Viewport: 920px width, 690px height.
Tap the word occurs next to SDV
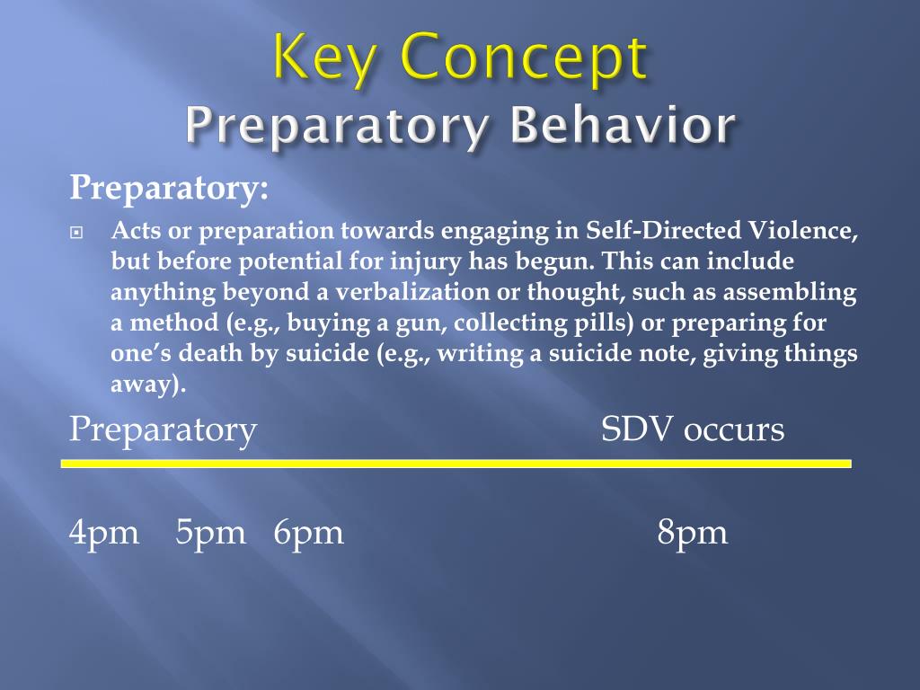pyautogui.click(x=734, y=429)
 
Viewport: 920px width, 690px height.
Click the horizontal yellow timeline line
pyautogui.click(x=456, y=464)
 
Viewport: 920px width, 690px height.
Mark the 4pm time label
pyautogui.click(x=104, y=533)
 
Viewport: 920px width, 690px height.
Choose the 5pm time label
pyautogui.click(x=210, y=533)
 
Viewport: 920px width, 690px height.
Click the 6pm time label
pyautogui.click(x=309, y=533)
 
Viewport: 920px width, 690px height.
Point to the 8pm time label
pyautogui.click(x=692, y=533)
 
